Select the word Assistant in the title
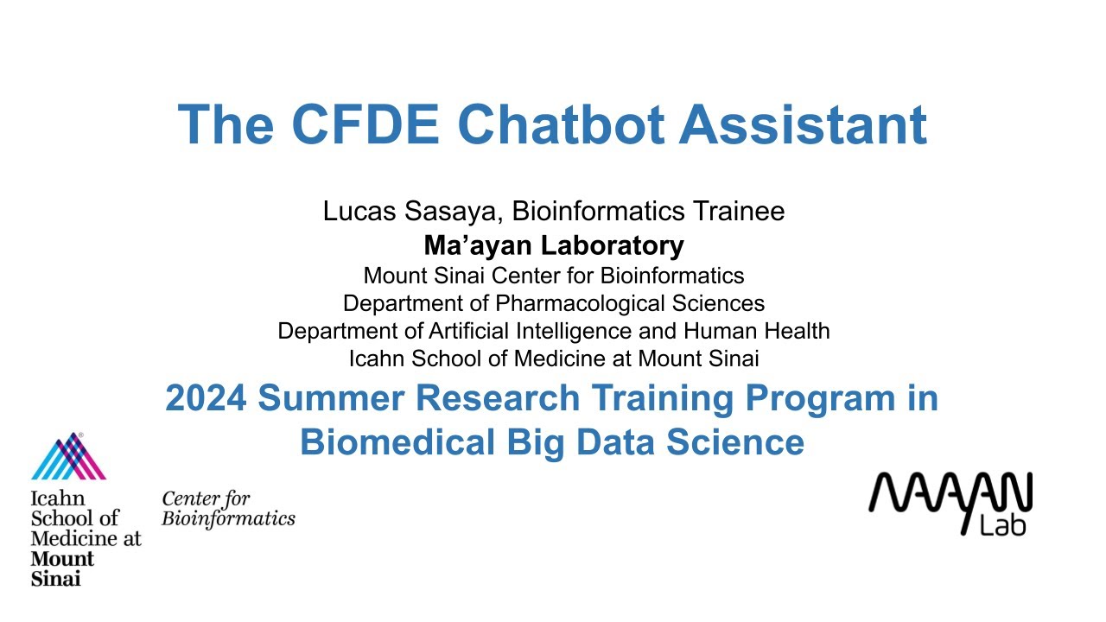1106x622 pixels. click(803, 124)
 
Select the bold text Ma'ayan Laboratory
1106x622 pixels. click(553, 245)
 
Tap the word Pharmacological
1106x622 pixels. click(587, 303)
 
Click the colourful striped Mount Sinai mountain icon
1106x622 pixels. click(68, 457)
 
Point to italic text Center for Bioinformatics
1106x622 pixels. click(228, 509)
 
